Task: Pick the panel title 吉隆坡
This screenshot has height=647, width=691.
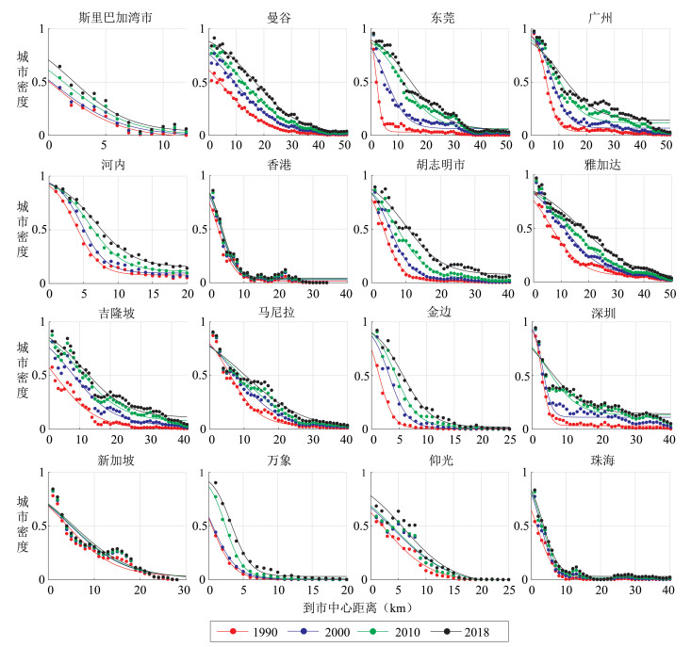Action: pyautogui.click(x=117, y=314)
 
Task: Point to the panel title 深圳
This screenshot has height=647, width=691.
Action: pyautogui.click(x=601, y=314)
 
